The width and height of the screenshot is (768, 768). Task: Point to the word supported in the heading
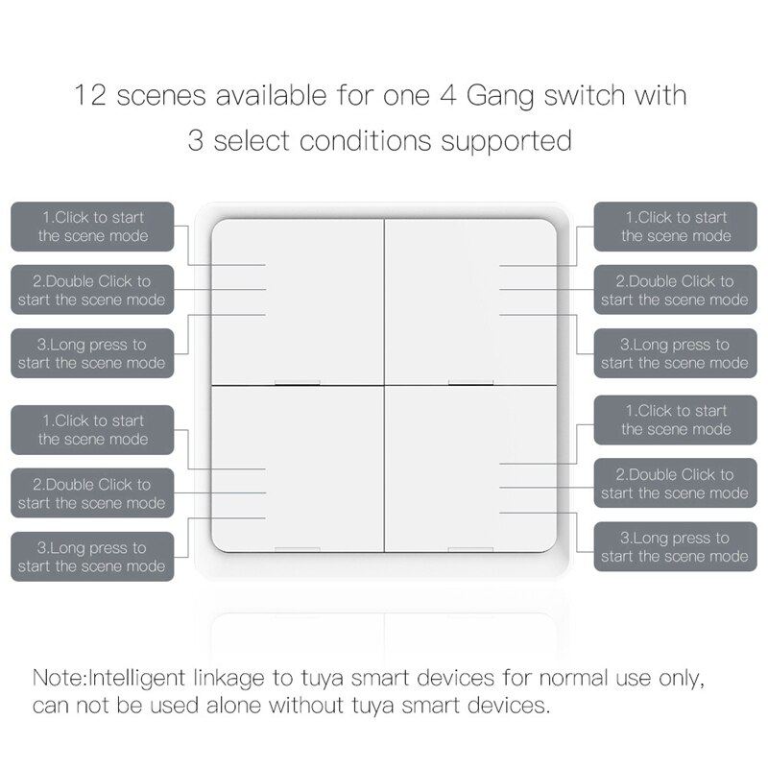(506, 141)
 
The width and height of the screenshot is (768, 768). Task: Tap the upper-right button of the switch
(470, 300)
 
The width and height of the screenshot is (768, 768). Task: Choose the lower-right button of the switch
(470, 468)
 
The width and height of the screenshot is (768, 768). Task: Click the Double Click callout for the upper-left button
(92, 290)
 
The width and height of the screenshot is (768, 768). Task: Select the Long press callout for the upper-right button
(675, 353)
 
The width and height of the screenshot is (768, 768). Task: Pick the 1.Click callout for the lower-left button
(92, 429)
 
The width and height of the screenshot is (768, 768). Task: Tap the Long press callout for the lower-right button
(675, 547)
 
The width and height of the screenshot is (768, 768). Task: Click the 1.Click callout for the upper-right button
(675, 227)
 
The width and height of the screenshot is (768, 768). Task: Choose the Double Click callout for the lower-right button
(675, 483)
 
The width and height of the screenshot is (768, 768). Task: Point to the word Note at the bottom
(59, 678)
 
